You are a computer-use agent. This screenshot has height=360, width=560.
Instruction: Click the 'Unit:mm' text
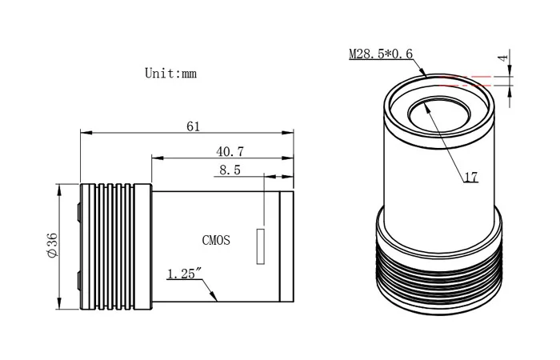[x=170, y=73]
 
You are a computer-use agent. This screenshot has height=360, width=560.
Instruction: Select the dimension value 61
[x=193, y=126]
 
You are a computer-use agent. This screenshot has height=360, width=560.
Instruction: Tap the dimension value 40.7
[x=230, y=150]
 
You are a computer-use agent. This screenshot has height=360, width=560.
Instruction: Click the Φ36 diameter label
[x=52, y=246]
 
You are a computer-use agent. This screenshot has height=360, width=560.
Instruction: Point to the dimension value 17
[x=471, y=178]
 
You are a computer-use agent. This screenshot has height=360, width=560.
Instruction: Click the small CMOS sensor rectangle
[x=259, y=246]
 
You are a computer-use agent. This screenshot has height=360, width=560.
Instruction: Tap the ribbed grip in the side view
[x=116, y=246]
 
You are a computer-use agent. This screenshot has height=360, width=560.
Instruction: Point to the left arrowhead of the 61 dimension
[x=83, y=134]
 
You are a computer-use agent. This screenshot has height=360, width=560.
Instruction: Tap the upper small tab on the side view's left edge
[x=78, y=211]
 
